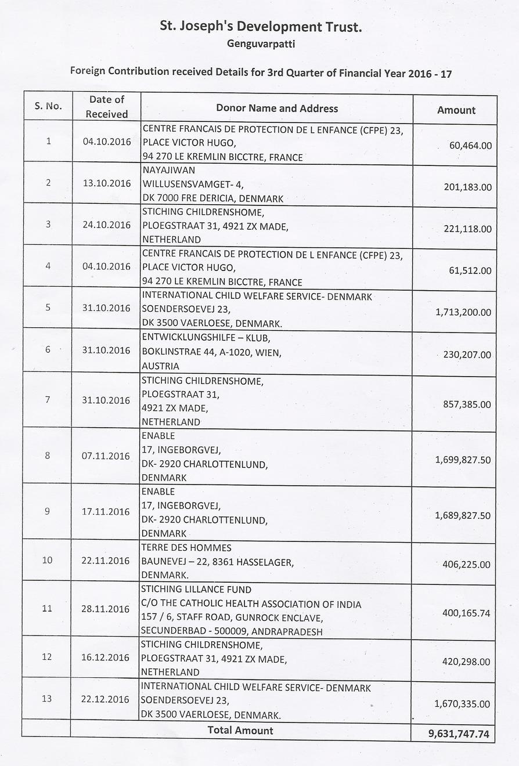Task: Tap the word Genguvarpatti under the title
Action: (261, 44)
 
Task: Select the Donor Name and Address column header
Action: (276, 109)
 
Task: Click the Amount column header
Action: (456, 110)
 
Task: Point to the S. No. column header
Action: (48, 107)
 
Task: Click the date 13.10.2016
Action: (106, 183)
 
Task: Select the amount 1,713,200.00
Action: (463, 312)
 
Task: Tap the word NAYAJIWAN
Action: (168, 171)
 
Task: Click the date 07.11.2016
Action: (106, 456)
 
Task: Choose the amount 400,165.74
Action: (463, 613)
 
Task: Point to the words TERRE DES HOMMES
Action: (186, 548)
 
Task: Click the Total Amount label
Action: (240, 731)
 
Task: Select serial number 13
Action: (47, 699)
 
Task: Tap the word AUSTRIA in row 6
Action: (160, 366)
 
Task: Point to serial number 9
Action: (48, 511)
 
